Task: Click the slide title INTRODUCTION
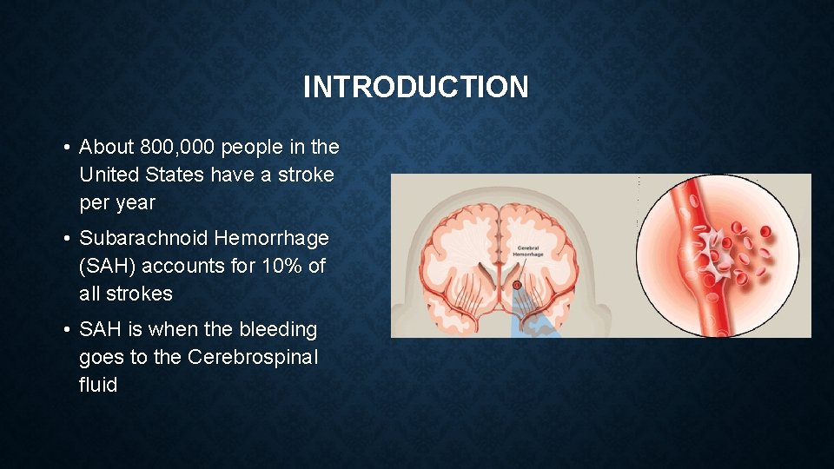pos(415,87)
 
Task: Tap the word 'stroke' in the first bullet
pos(306,175)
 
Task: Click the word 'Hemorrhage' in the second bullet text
pos(272,238)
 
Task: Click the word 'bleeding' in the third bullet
pos(280,330)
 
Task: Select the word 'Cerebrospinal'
pos(253,358)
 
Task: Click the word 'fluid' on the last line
pos(98,385)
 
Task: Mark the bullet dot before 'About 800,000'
pos(66,148)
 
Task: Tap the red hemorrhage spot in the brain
pos(516,284)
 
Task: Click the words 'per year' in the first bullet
pos(116,202)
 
